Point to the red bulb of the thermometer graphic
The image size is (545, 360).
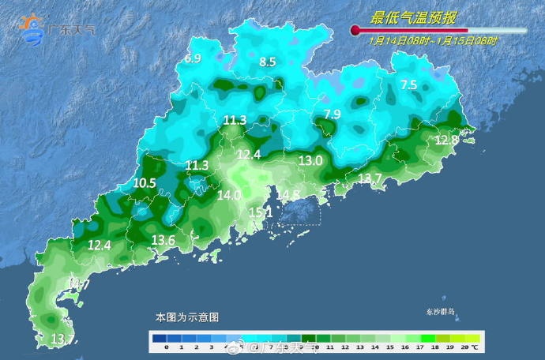tap(355, 30)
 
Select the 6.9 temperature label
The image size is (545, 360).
tap(194, 59)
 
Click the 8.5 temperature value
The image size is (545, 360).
tap(268, 62)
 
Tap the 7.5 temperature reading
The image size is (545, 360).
tap(408, 84)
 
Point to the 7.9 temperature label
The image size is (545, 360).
tap(332, 114)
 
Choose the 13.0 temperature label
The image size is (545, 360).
tap(310, 160)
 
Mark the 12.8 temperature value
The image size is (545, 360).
tap(446, 140)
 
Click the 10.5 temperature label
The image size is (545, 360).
tap(145, 182)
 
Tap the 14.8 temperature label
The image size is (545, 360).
tap(288, 195)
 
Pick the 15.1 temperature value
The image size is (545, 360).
tap(261, 212)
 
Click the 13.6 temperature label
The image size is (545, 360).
tap(163, 240)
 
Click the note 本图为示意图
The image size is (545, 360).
tap(186, 317)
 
